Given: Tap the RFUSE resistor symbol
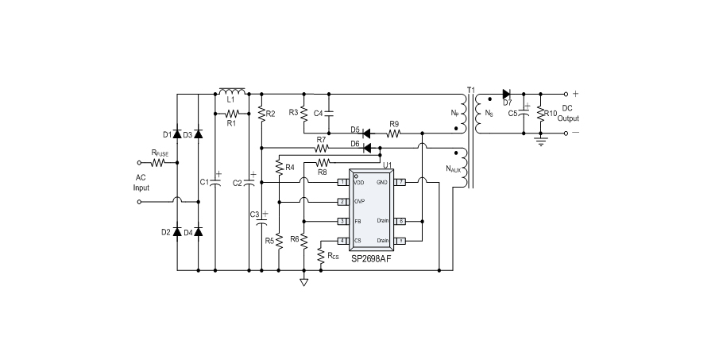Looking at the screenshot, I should pyautogui.click(x=158, y=162).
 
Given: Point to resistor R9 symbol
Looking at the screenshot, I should pyautogui.click(x=394, y=132).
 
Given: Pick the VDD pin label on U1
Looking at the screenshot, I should pyautogui.click(x=359, y=183).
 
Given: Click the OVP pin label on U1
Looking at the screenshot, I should pyautogui.click(x=359, y=202).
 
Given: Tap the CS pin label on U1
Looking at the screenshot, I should pyautogui.click(x=357, y=240).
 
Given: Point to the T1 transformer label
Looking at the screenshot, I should pyautogui.click(x=470, y=88).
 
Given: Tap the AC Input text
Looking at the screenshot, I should pyautogui.click(x=141, y=183).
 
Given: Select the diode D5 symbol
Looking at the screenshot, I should pyautogui.click(x=365, y=132).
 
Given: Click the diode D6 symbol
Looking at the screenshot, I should pyautogui.click(x=367, y=147).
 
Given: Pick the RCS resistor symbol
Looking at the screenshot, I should pyautogui.click(x=320, y=256).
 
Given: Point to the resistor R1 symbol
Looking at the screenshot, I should pyautogui.click(x=231, y=113).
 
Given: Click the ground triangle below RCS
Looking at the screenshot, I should pyautogui.click(x=303, y=281).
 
